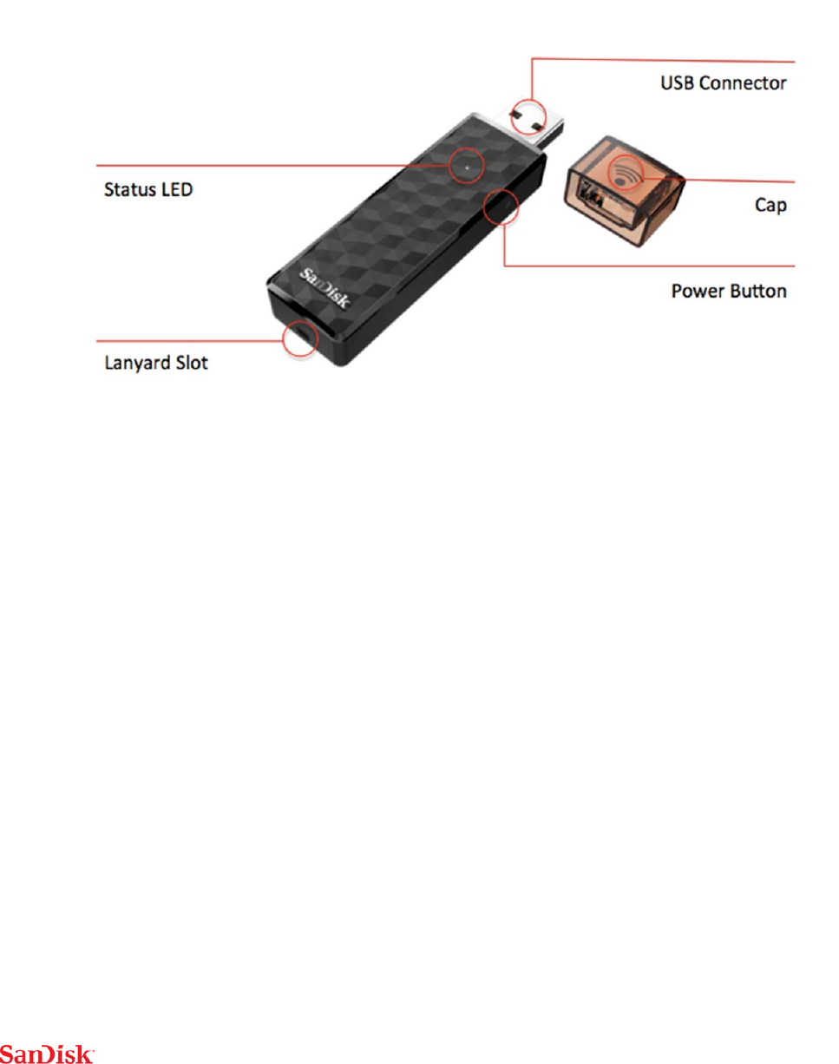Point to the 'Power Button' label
point(730,290)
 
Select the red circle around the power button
point(501,206)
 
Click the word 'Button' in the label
point(757,290)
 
